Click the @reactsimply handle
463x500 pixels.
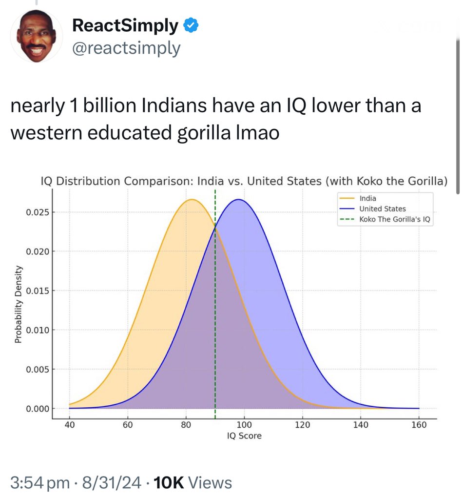tap(126, 48)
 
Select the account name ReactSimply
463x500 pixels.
tap(125, 25)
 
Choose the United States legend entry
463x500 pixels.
tap(382, 208)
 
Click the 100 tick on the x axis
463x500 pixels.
tap(244, 425)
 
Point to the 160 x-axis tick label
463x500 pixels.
tap(419, 425)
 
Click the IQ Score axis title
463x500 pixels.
tap(244, 436)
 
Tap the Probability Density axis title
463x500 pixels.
tap(18, 304)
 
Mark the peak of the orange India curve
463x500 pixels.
tap(192, 199)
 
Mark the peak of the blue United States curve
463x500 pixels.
tap(238, 199)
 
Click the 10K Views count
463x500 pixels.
tap(193, 482)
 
